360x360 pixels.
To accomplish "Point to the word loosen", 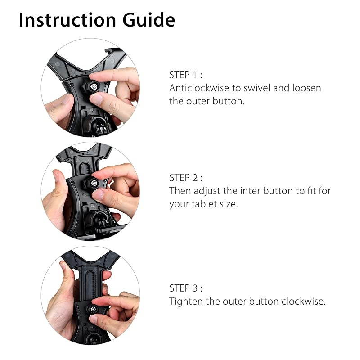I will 305,88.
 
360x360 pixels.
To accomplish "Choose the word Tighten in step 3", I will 185,301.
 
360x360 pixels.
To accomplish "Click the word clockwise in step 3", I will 303,301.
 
